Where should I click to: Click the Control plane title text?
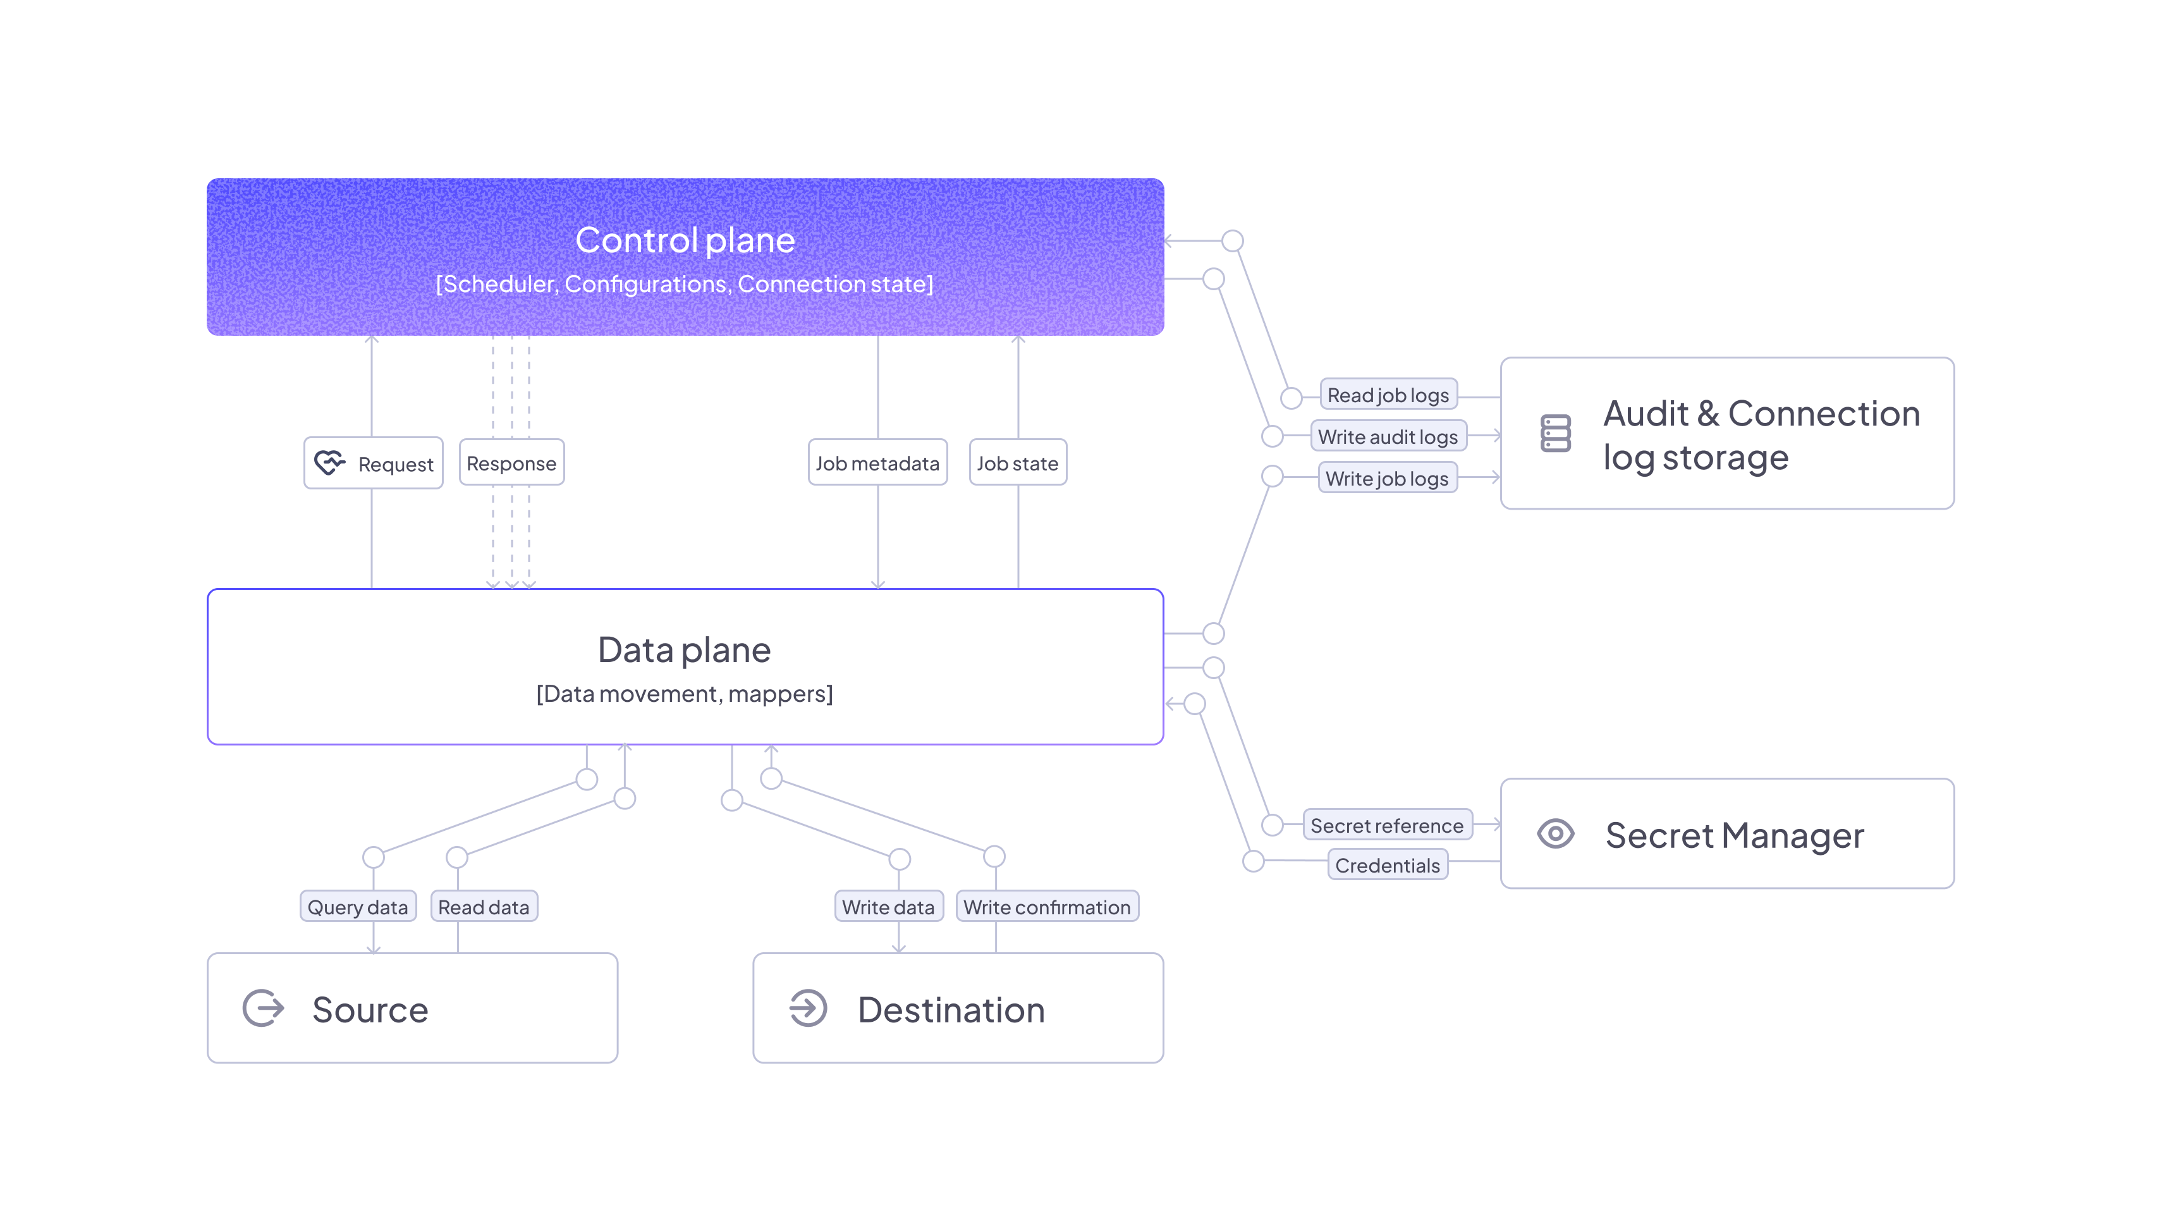[685, 240]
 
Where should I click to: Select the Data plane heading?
[684, 650]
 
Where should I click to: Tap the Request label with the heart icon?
[374, 463]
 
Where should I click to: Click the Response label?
[511, 463]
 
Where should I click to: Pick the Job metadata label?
[877, 463]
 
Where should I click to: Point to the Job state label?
[1017, 463]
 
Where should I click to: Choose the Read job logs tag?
[1388, 395]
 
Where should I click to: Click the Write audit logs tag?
[1388, 436]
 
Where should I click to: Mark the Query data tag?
[358, 907]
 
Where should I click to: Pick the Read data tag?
[484, 907]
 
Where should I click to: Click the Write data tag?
[888, 907]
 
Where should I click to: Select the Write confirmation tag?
[1047, 907]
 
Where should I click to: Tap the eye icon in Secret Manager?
[1555, 834]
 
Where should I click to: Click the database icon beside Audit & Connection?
[1555, 433]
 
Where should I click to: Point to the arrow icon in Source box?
[264, 1009]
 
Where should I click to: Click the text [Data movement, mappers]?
[684, 694]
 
